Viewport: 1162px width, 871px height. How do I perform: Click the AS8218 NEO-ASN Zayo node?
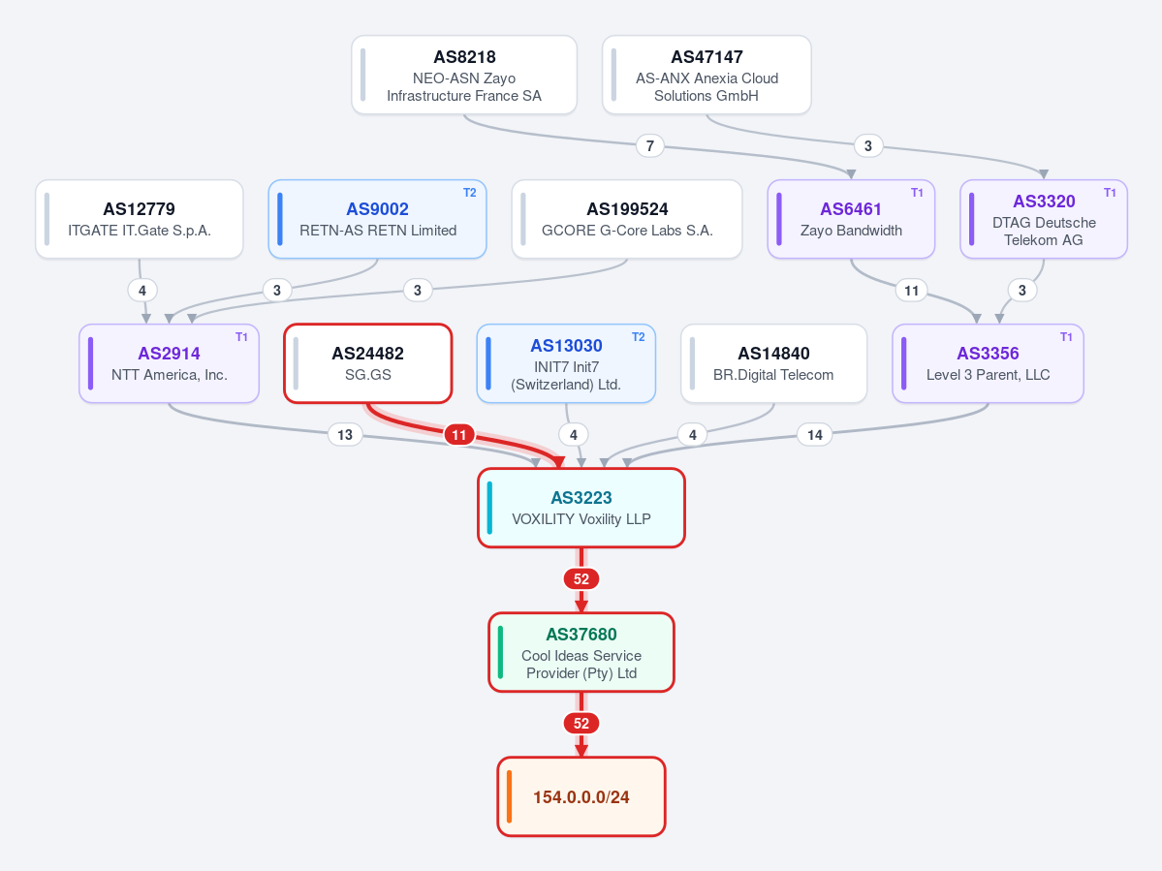click(464, 75)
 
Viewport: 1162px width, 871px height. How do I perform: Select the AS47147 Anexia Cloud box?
click(707, 75)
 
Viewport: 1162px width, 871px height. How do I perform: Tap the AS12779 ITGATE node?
click(140, 219)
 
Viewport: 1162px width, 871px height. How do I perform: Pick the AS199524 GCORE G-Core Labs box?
click(627, 219)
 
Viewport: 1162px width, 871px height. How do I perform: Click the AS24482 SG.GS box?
click(367, 363)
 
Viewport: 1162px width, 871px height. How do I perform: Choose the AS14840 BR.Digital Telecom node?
click(773, 363)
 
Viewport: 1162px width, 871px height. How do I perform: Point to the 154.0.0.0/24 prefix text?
click(581, 797)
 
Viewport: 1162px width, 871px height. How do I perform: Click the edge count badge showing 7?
click(650, 145)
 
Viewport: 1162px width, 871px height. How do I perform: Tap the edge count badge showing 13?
click(345, 435)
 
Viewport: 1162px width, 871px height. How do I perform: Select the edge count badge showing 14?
click(814, 435)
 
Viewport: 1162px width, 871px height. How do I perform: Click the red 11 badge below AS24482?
click(459, 435)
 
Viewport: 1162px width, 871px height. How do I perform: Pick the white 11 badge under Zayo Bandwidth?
click(912, 291)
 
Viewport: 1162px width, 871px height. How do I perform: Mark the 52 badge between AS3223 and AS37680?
click(581, 579)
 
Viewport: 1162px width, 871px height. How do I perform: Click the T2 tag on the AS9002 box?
click(470, 193)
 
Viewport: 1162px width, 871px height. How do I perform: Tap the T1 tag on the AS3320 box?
click(1110, 193)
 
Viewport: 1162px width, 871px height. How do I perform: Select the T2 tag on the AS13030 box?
click(638, 337)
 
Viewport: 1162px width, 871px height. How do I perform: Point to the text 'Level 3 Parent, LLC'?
click(988, 375)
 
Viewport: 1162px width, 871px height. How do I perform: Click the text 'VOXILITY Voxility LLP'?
click(581, 519)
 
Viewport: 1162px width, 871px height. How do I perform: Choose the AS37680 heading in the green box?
click(581, 634)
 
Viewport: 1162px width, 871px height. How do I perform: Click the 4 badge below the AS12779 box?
click(142, 291)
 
